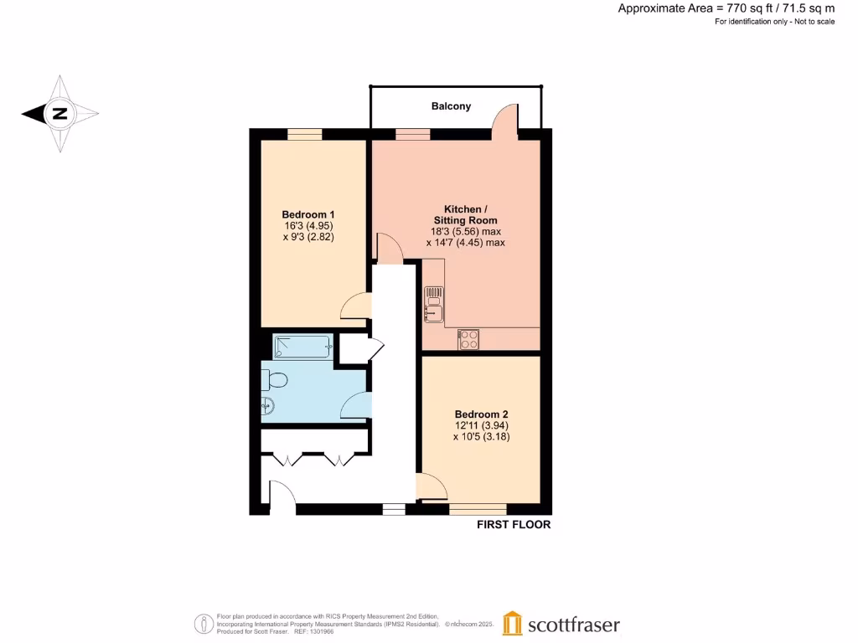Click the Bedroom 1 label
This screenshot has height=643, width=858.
pos(310,213)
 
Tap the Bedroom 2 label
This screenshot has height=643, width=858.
pos(481,414)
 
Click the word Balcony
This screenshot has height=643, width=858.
pos(451,106)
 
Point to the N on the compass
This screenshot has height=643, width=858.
pos(59,114)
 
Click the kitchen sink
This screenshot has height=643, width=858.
pos(434,304)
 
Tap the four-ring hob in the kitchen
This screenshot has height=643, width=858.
pos(468,339)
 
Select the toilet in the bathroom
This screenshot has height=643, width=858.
pos(274,380)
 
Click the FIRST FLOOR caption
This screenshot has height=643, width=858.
pos(514,525)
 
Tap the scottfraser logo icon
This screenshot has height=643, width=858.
pos(513,624)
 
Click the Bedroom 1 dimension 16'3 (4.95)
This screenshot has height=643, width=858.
pos(310,226)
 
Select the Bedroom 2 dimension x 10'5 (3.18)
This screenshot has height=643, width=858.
pos(481,436)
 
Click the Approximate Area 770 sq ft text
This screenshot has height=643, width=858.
pos(726,8)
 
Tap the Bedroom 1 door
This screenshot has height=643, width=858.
pos(355,306)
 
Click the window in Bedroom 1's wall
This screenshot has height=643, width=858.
pos(305,134)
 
